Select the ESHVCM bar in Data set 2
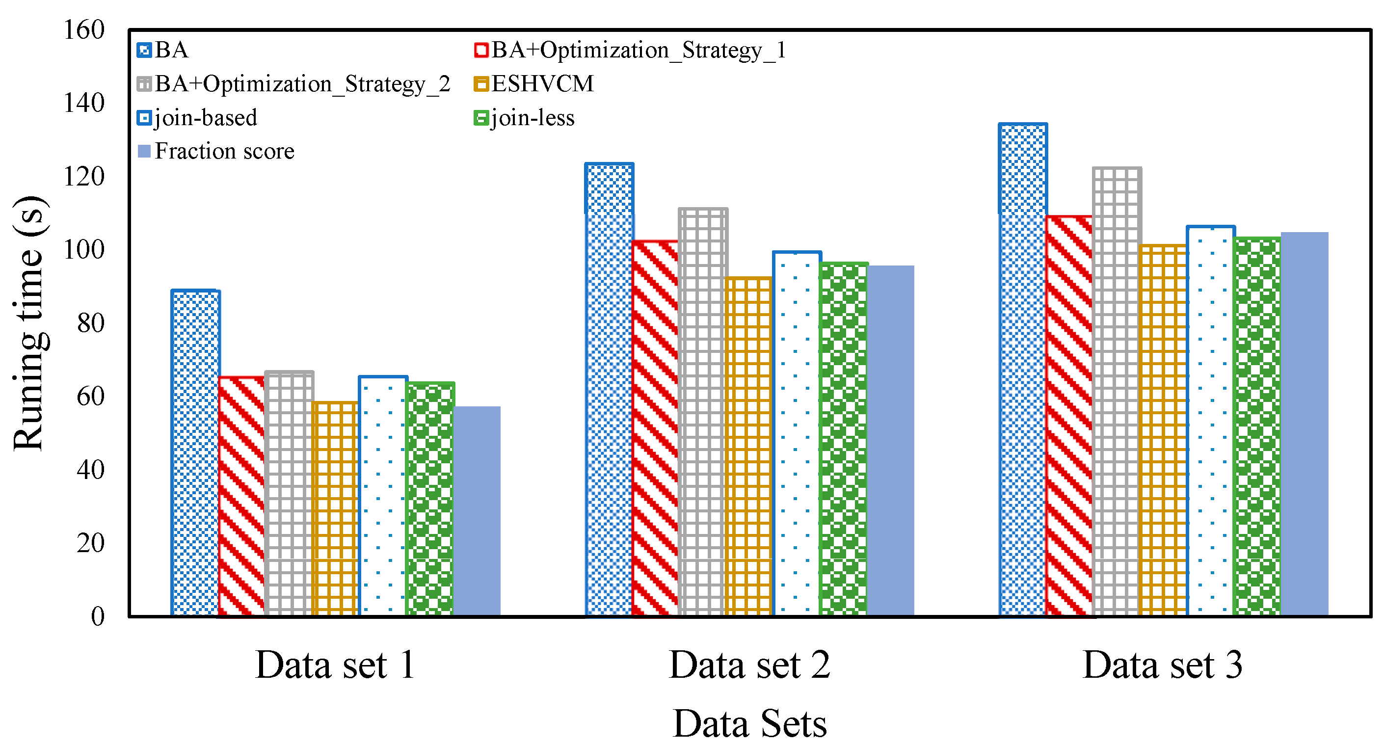749,446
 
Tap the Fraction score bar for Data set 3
1304,424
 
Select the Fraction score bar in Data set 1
477,511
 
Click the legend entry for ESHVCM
542,84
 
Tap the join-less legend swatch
481,118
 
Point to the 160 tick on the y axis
84,29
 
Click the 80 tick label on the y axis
90,323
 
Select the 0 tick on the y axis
97,616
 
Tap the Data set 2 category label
749,665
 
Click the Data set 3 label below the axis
1163,665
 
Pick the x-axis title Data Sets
749,723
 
